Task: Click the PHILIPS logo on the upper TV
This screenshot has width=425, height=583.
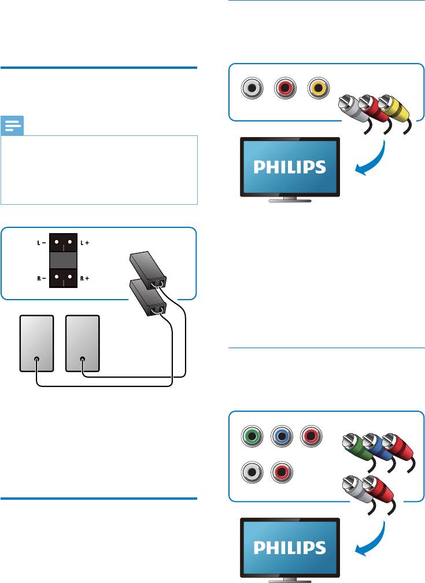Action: pos(289,168)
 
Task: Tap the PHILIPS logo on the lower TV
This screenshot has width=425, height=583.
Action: pos(289,547)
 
